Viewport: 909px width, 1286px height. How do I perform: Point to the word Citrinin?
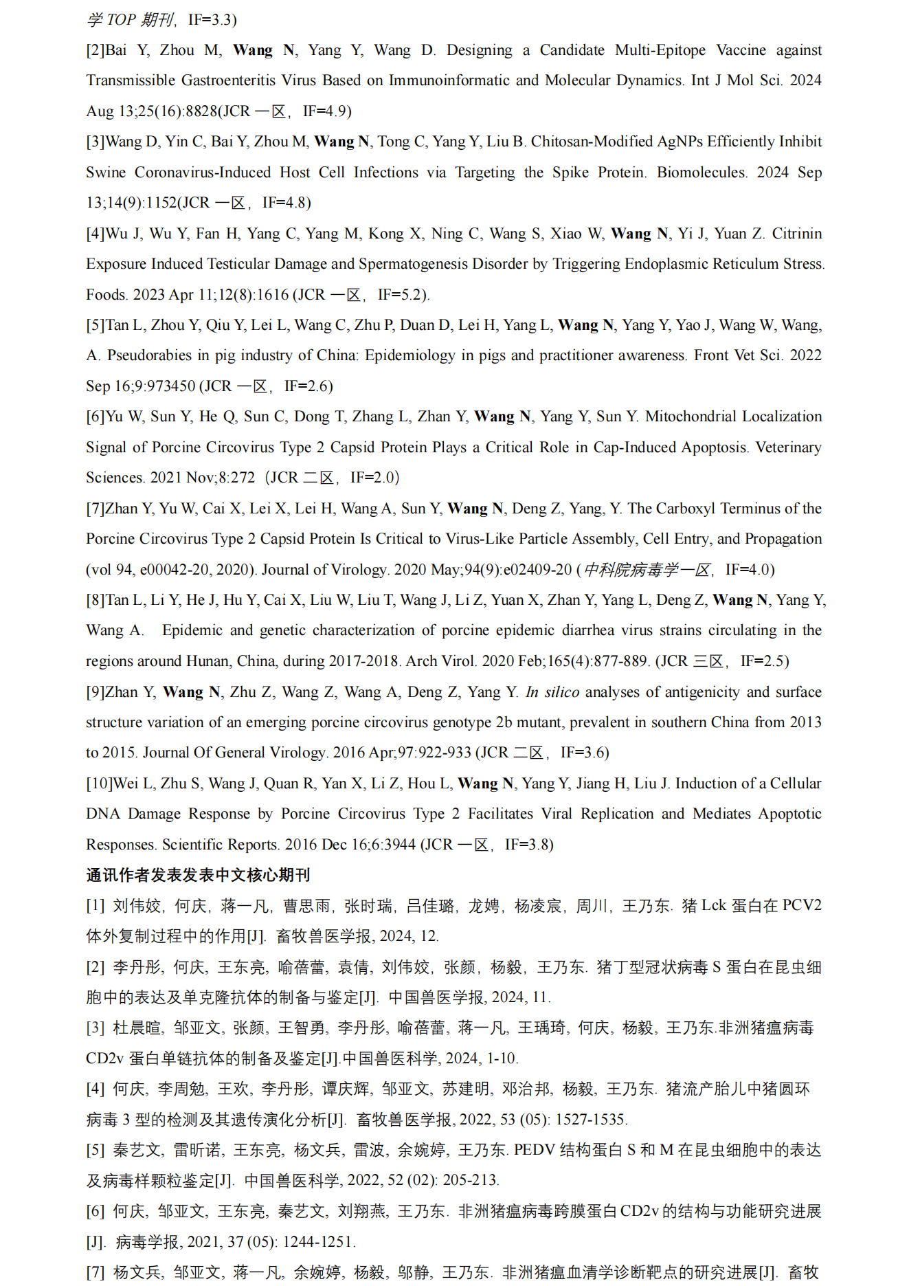pos(797,234)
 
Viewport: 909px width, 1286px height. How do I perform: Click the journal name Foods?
pos(106,295)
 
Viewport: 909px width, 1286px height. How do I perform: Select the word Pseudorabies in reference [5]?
pos(149,355)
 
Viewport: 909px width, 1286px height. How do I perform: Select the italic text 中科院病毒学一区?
pos(647,570)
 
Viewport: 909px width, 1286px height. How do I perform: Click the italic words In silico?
pos(552,692)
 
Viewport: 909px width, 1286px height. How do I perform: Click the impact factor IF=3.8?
pos(529,845)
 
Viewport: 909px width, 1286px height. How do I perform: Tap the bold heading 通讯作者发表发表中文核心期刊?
pos(198,875)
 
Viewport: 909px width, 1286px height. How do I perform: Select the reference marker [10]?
pos(99,784)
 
